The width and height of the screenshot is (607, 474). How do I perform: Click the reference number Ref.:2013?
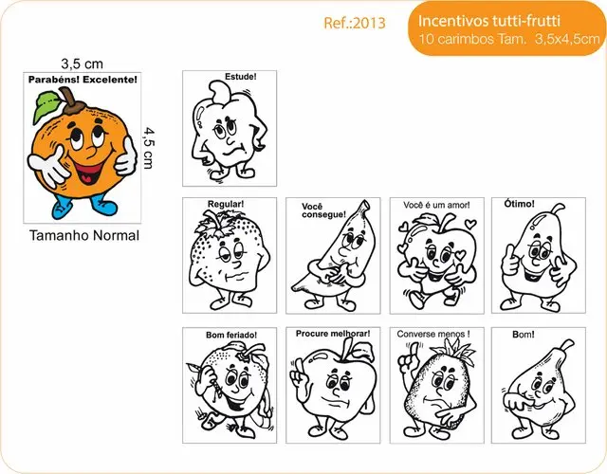355,23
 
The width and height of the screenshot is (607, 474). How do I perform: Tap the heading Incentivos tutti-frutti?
489,20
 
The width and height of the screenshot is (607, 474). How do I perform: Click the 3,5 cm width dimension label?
83,64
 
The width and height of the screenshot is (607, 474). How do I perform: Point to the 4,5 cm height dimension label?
148,148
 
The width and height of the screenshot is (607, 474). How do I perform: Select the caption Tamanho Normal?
84,235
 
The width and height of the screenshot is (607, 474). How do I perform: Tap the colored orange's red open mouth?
90,173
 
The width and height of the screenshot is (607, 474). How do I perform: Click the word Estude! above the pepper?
240,77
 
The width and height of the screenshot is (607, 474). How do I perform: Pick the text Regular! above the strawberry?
226,204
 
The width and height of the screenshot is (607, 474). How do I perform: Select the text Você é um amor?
436,205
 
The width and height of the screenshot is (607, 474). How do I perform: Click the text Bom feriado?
231,335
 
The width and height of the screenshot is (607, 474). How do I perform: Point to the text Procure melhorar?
333,334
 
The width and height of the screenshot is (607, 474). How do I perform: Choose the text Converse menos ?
433,334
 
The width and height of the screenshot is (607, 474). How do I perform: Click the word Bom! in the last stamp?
523,335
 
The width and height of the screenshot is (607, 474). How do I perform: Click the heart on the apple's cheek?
461,255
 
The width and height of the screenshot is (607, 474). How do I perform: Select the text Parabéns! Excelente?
83,80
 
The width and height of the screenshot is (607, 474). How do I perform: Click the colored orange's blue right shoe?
103,206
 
